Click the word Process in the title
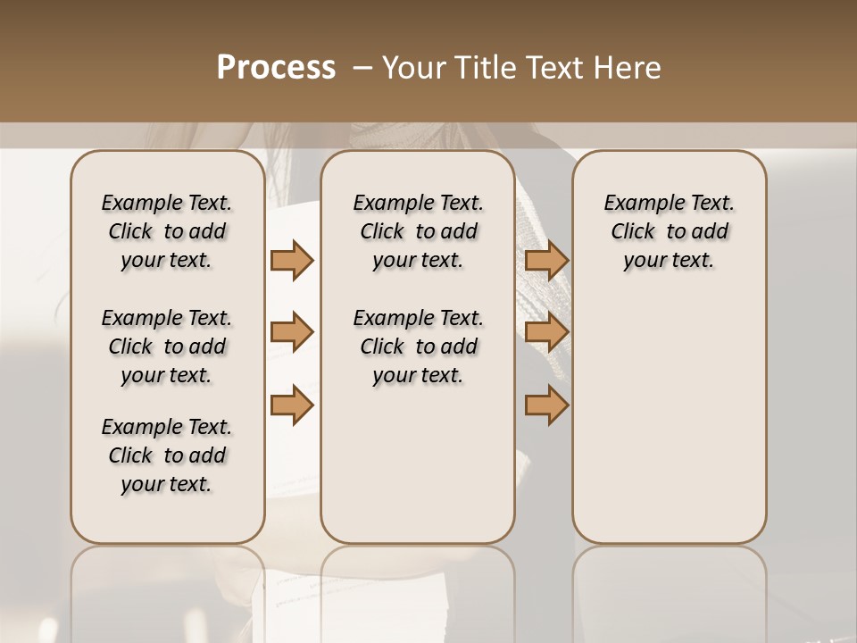pyautogui.click(x=276, y=68)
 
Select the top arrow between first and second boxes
pyautogui.click(x=292, y=260)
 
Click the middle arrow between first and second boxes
pyautogui.click(x=292, y=333)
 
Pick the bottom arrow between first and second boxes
pyautogui.click(x=292, y=405)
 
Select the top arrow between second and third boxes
pyautogui.click(x=546, y=260)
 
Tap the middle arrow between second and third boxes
pyautogui.click(x=546, y=333)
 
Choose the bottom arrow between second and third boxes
pyautogui.click(x=546, y=405)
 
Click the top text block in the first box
pyautogui.click(x=167, y=231)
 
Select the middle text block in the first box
pyautogui.click(x=167, y=347)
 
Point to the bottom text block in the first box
pyautogui.click(x=167, y=455)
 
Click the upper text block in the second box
pyautogui.click(x=419, y=231)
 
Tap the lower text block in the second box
pyautogui.click(x=419, y=347)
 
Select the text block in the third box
pyautogui.click(x=670, y=231)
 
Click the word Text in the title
pyautogui.click(x=553, y=68)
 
